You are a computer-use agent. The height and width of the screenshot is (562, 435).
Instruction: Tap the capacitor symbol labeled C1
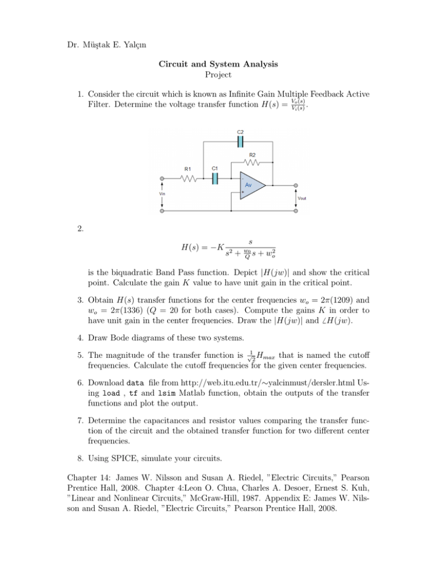215,179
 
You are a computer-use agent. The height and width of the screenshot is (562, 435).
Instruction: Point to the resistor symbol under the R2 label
254,164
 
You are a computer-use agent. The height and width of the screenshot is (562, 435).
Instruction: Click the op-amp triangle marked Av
249,185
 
